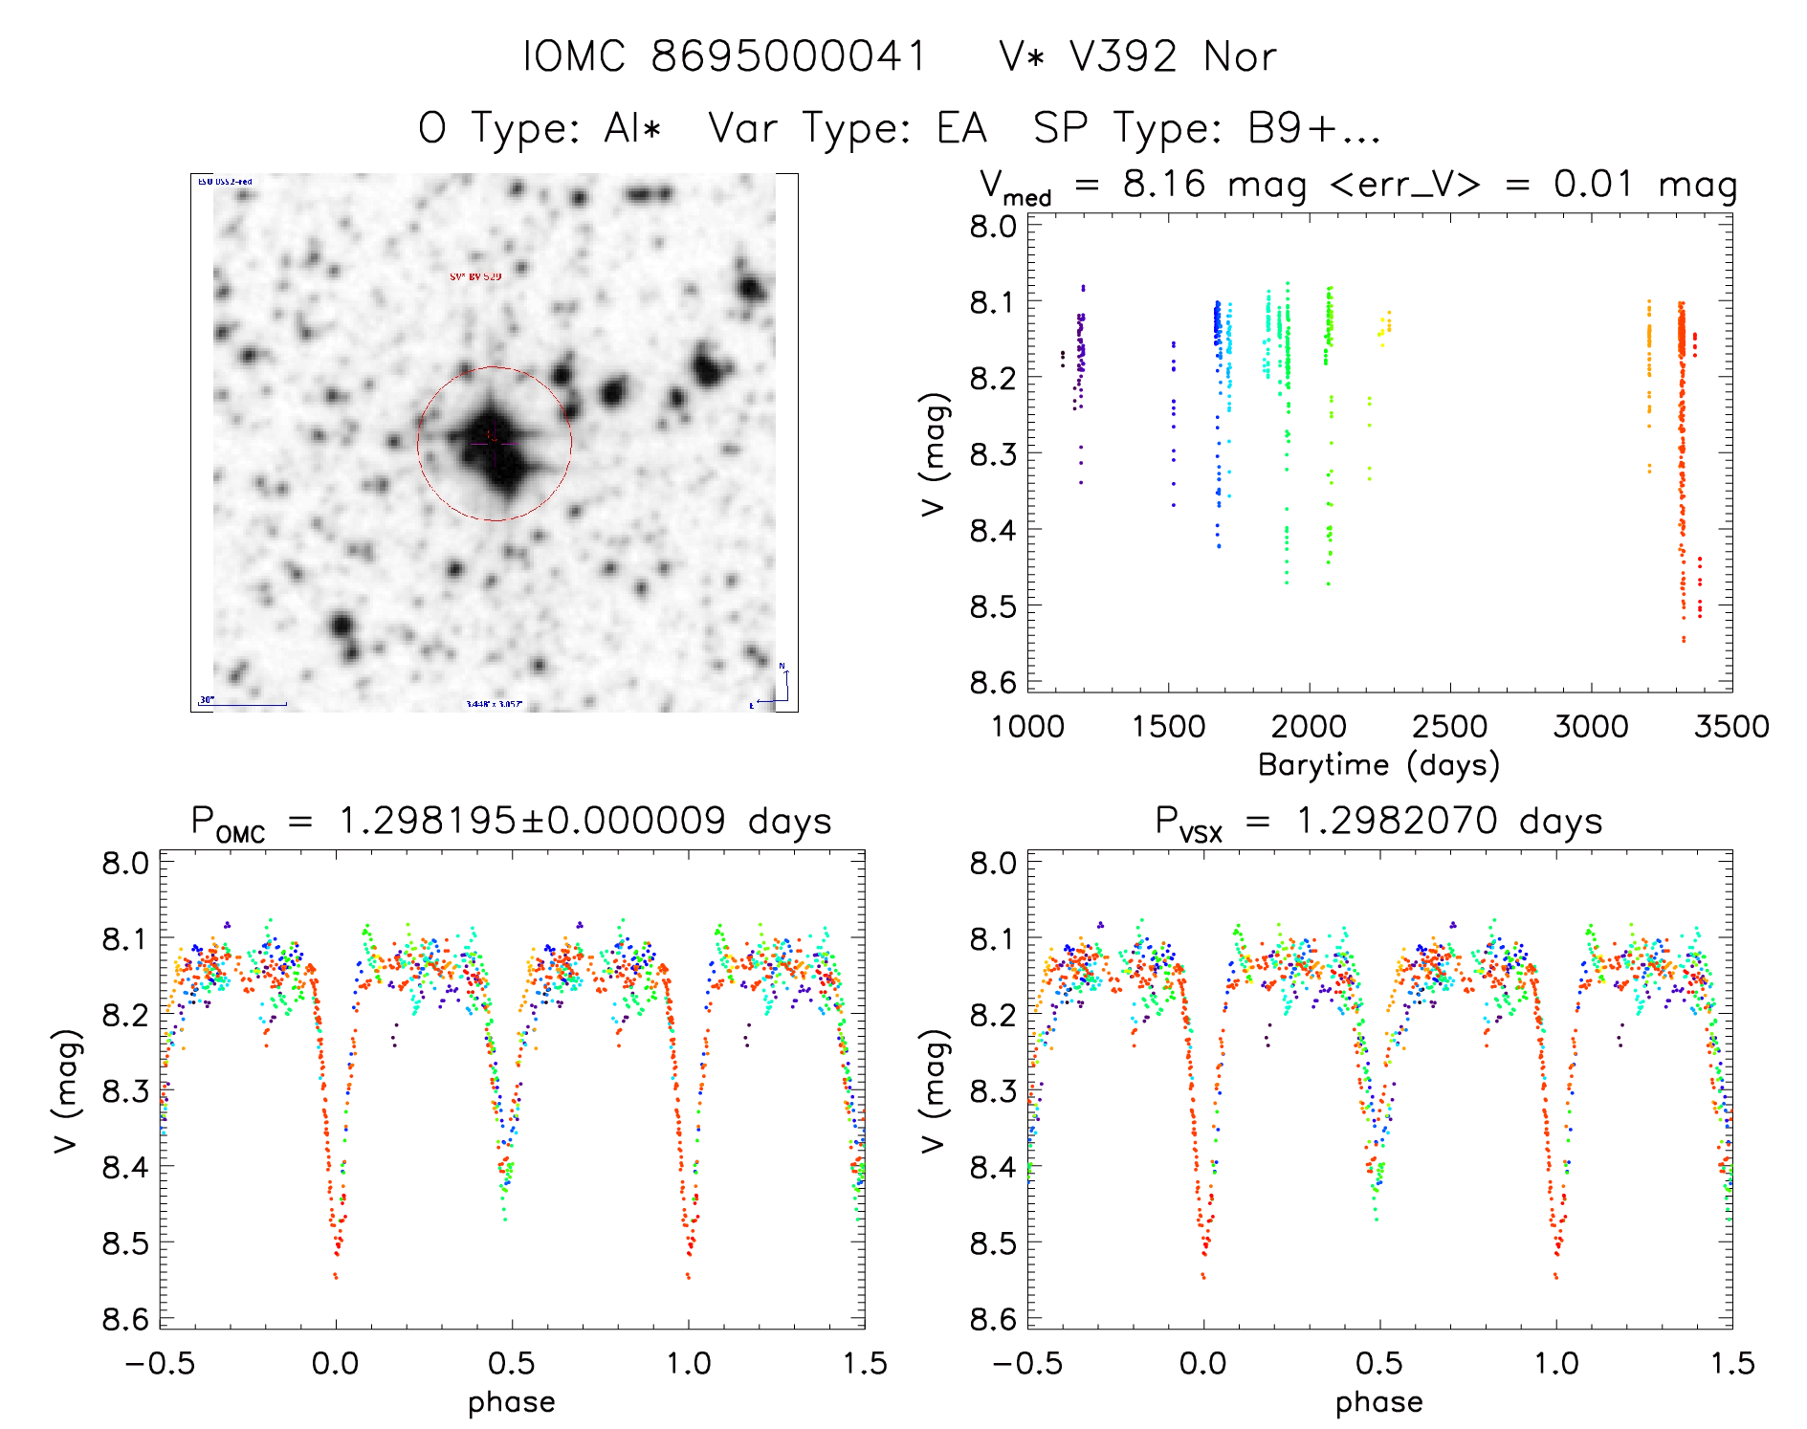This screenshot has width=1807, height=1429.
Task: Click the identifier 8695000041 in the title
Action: tap(789, 57)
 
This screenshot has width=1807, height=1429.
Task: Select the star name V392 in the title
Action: tap(1123, 57)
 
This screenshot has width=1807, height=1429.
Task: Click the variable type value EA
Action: tap(961, 128)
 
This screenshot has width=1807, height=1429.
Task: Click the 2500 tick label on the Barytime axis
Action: tap(1449, 727)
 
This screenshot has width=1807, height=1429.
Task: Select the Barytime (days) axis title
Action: tap(1378, 765)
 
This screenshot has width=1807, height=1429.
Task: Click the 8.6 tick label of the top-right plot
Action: tap(993, 682)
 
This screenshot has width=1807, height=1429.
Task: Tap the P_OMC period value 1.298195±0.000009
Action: tap(533, 822)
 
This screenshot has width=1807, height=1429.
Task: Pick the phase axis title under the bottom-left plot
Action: tap(511, 1402)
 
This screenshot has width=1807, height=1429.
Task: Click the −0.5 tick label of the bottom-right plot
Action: tap(1027, 1364)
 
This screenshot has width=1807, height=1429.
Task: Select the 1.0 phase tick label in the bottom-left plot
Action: tap(688, 1364)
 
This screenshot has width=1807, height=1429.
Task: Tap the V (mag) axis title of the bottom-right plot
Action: tap(934, 1090)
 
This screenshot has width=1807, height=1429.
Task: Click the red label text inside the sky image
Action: tap(475, 276)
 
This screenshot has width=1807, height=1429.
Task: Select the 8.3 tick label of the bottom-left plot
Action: tap(125, 1090)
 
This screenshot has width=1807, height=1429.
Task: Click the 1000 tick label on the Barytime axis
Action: tap(1027, 727)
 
